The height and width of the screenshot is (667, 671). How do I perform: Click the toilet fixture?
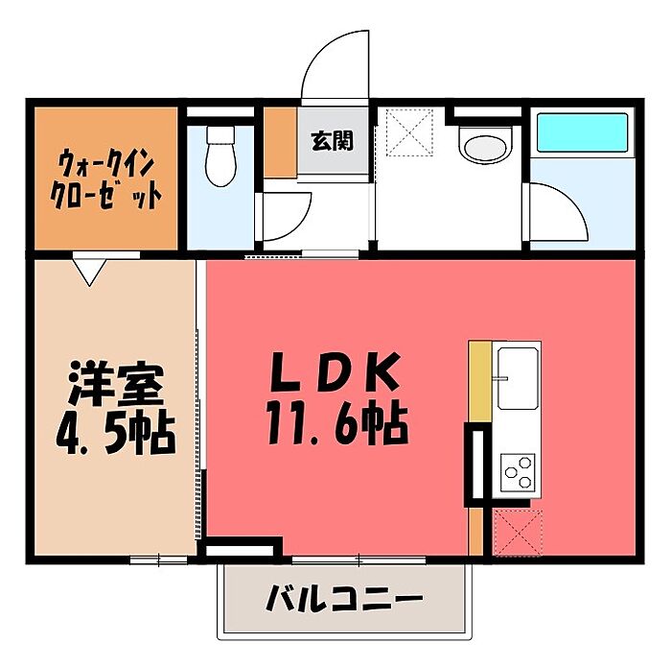click(x=220, y=155)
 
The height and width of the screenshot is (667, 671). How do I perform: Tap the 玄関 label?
click(x=333, y=141)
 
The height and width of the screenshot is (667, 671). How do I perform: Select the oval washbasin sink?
click(x=485, y=146)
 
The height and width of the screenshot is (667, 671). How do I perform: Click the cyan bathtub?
click(x=582, y=131)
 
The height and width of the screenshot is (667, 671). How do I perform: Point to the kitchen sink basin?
click(x=518, y=377)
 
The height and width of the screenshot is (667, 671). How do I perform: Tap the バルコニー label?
click(x=344, y=597)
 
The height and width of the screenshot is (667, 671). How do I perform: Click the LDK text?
click(x=335, y=371)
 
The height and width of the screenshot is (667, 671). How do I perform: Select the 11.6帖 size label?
click(x=337, y=423)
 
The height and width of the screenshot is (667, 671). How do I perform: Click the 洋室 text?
click(x=116, y=384)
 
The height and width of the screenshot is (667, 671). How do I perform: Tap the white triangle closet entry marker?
click(x=89, y=269)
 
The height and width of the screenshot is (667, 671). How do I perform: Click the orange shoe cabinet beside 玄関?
click(x=280, y=142)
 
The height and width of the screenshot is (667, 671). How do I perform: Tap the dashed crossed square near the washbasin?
click(x=409, y=131)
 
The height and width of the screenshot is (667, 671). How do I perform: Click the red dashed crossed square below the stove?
click(x=518, y=533)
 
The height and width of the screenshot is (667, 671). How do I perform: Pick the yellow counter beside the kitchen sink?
click(x=480, y=382)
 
